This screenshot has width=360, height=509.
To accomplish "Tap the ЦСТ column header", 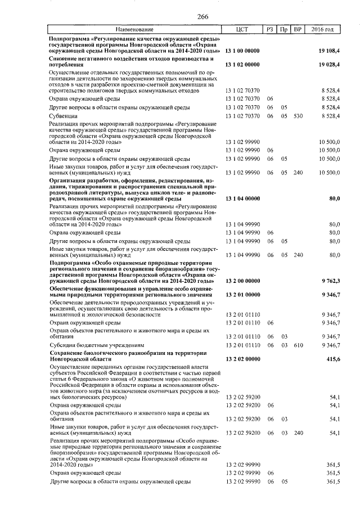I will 242,29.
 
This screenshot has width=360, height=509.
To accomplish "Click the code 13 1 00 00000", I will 242,51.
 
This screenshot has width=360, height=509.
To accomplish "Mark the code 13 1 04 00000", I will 242,199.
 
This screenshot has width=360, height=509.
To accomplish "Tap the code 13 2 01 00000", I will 242,294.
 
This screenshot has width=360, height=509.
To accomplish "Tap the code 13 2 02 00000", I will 242,358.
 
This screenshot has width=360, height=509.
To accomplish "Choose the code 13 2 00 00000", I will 242,280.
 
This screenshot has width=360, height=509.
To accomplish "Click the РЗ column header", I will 271,29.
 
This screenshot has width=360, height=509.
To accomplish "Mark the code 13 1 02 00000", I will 242,65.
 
